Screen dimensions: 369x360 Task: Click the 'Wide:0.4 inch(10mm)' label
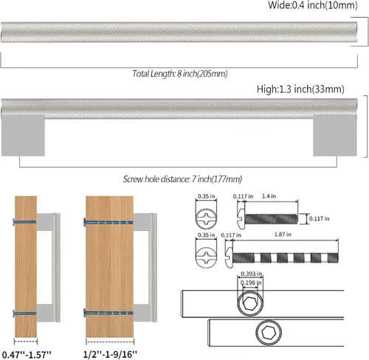click(313, 5)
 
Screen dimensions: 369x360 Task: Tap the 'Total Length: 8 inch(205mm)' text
click(180, 74)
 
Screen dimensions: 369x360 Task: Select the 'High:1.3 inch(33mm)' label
click(300, 89)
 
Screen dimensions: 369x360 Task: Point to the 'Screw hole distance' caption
click(182, 179)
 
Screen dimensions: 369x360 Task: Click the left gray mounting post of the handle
click(23, 135)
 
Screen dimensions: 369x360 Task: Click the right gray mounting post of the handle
click(335, 135)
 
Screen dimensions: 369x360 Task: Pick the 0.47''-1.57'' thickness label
click(27, 355)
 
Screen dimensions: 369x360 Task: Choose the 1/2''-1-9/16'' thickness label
click(110, 354)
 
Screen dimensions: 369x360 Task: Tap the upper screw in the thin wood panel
click(24, 222)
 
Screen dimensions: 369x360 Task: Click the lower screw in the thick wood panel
click(108, 313)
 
